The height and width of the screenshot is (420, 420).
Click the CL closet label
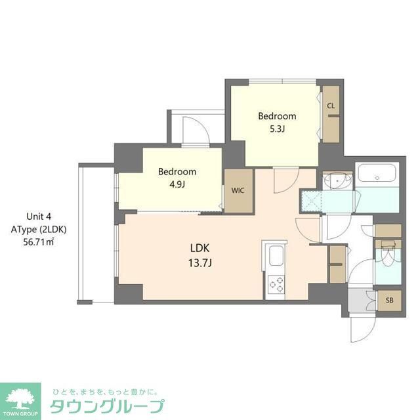click(x=331, y=106)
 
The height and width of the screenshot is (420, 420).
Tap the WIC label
click(x=237, y=191)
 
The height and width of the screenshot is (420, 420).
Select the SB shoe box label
click(x=389, y=301)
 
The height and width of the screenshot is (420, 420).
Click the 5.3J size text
click(x=276, y=129)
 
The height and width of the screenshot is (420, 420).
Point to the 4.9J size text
click(x=177, y=184)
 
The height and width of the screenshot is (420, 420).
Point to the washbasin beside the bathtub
click(x=338, y=179)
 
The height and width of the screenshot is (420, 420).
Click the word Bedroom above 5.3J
click(x=276, y=116)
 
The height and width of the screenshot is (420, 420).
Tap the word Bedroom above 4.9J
click(x=177, y=172)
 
